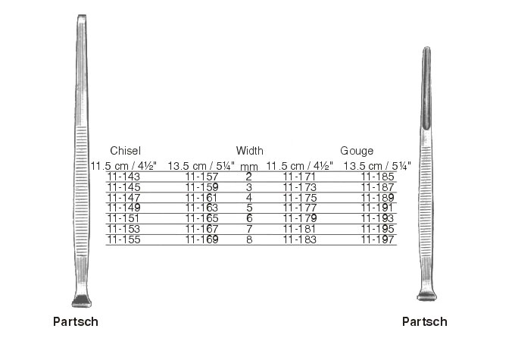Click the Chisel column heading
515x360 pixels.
click(125, 151)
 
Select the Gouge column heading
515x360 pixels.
click(357, 151)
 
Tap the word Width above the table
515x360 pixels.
click(250, 151)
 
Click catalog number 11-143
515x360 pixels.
click(123, 177)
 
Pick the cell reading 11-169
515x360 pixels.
click(201, 239)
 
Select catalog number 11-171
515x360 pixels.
click(299, 177)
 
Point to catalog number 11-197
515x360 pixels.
click(377, 239)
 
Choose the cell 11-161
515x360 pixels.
click(201, 198)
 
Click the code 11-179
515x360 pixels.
click(300, 218)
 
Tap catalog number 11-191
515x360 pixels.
click(377, 208)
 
